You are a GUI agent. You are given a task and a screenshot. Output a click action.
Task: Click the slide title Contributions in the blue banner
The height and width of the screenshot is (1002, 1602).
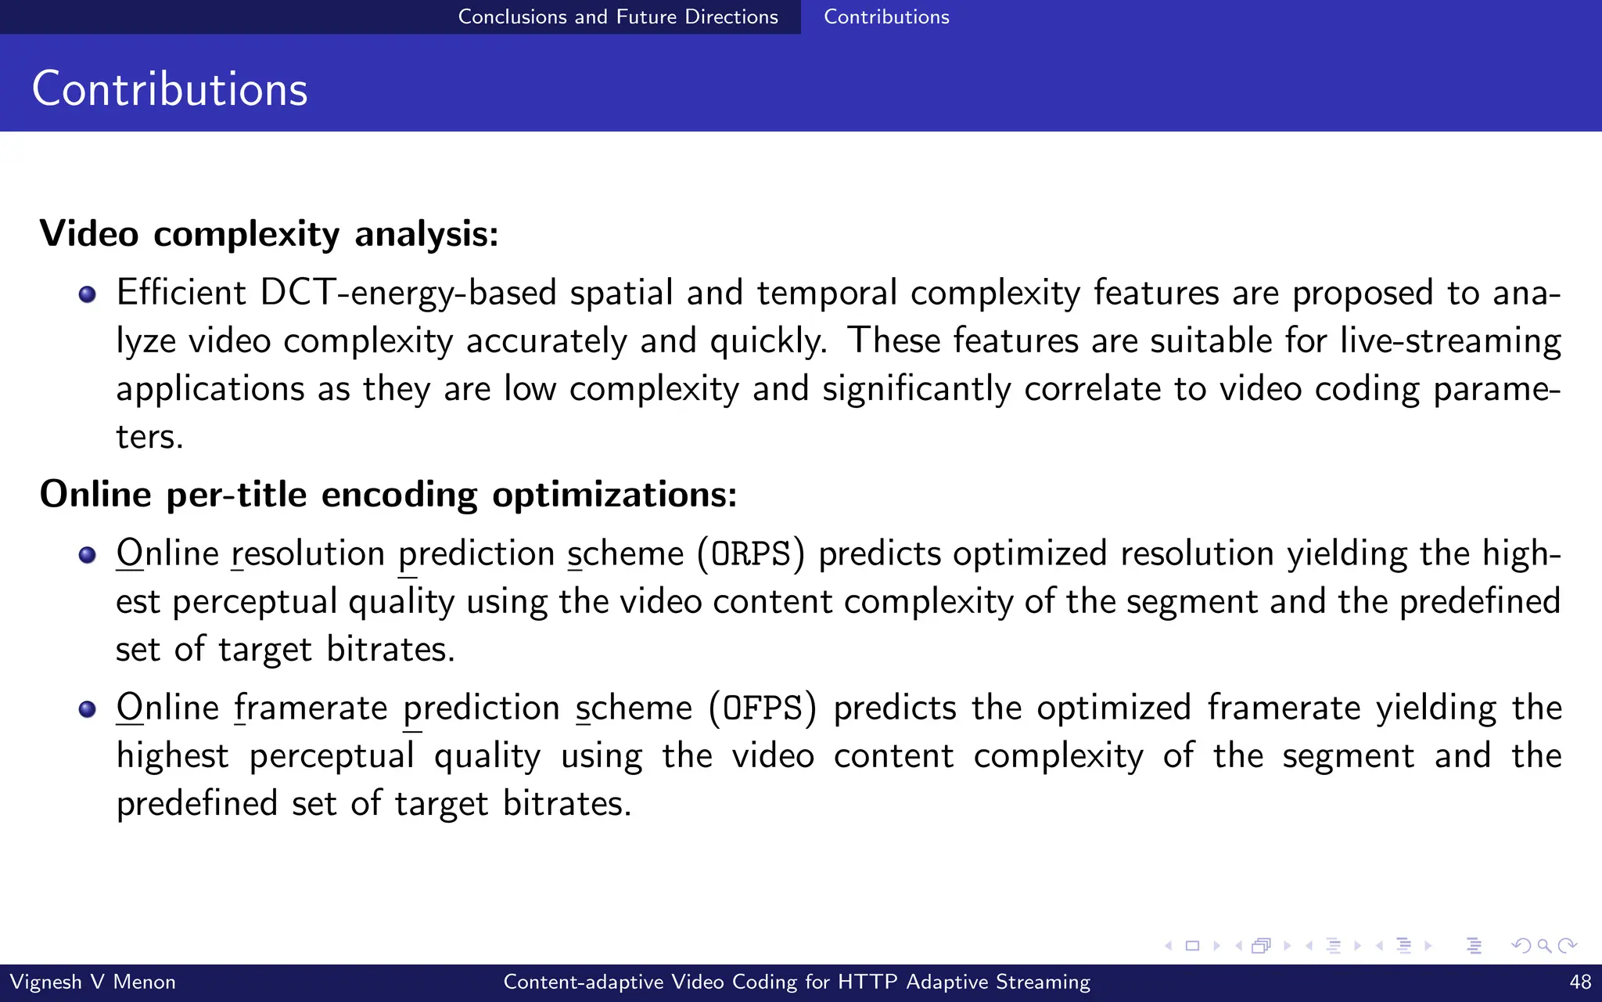coord(170,88)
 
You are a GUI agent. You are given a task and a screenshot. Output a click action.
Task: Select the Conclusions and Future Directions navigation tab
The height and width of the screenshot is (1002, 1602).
coord(618,16)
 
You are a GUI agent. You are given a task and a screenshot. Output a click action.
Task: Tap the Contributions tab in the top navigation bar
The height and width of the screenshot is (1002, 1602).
coord(886,16)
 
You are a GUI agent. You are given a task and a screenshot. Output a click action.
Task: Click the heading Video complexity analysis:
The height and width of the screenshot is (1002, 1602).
coord(269,233)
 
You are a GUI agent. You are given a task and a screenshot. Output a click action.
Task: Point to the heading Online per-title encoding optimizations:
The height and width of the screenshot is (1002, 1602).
coord(388,494)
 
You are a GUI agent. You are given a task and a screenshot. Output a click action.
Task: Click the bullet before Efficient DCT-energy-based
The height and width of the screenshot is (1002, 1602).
coord(88,294)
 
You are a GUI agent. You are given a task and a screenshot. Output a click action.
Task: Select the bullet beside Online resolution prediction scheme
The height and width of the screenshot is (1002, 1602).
coord(88,555)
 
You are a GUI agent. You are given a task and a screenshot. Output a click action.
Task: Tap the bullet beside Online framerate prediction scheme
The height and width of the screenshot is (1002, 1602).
coord(88,709)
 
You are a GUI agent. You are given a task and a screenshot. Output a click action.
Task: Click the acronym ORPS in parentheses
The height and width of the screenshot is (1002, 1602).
coord(751,553)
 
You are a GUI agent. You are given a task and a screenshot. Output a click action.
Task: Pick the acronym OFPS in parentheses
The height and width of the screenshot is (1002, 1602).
coord(763,708)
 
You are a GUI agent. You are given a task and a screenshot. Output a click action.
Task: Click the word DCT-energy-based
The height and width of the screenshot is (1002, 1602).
coord(408,293)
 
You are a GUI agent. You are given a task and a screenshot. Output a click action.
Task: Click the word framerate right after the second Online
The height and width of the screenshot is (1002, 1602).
coord(311,708)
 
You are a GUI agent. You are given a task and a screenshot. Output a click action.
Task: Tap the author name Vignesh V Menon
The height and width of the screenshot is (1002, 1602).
coord(92,982)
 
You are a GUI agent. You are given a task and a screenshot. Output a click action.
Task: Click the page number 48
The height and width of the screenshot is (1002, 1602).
coord(1580,982)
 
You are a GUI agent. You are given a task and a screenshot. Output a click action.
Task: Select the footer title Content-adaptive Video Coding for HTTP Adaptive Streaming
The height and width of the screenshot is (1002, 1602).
coord(796,982)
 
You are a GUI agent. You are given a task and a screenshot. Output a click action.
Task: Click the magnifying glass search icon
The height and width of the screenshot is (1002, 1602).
coord(1544,946)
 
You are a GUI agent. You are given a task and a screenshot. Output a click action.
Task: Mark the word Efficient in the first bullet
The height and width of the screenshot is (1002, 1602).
coord(181,293)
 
